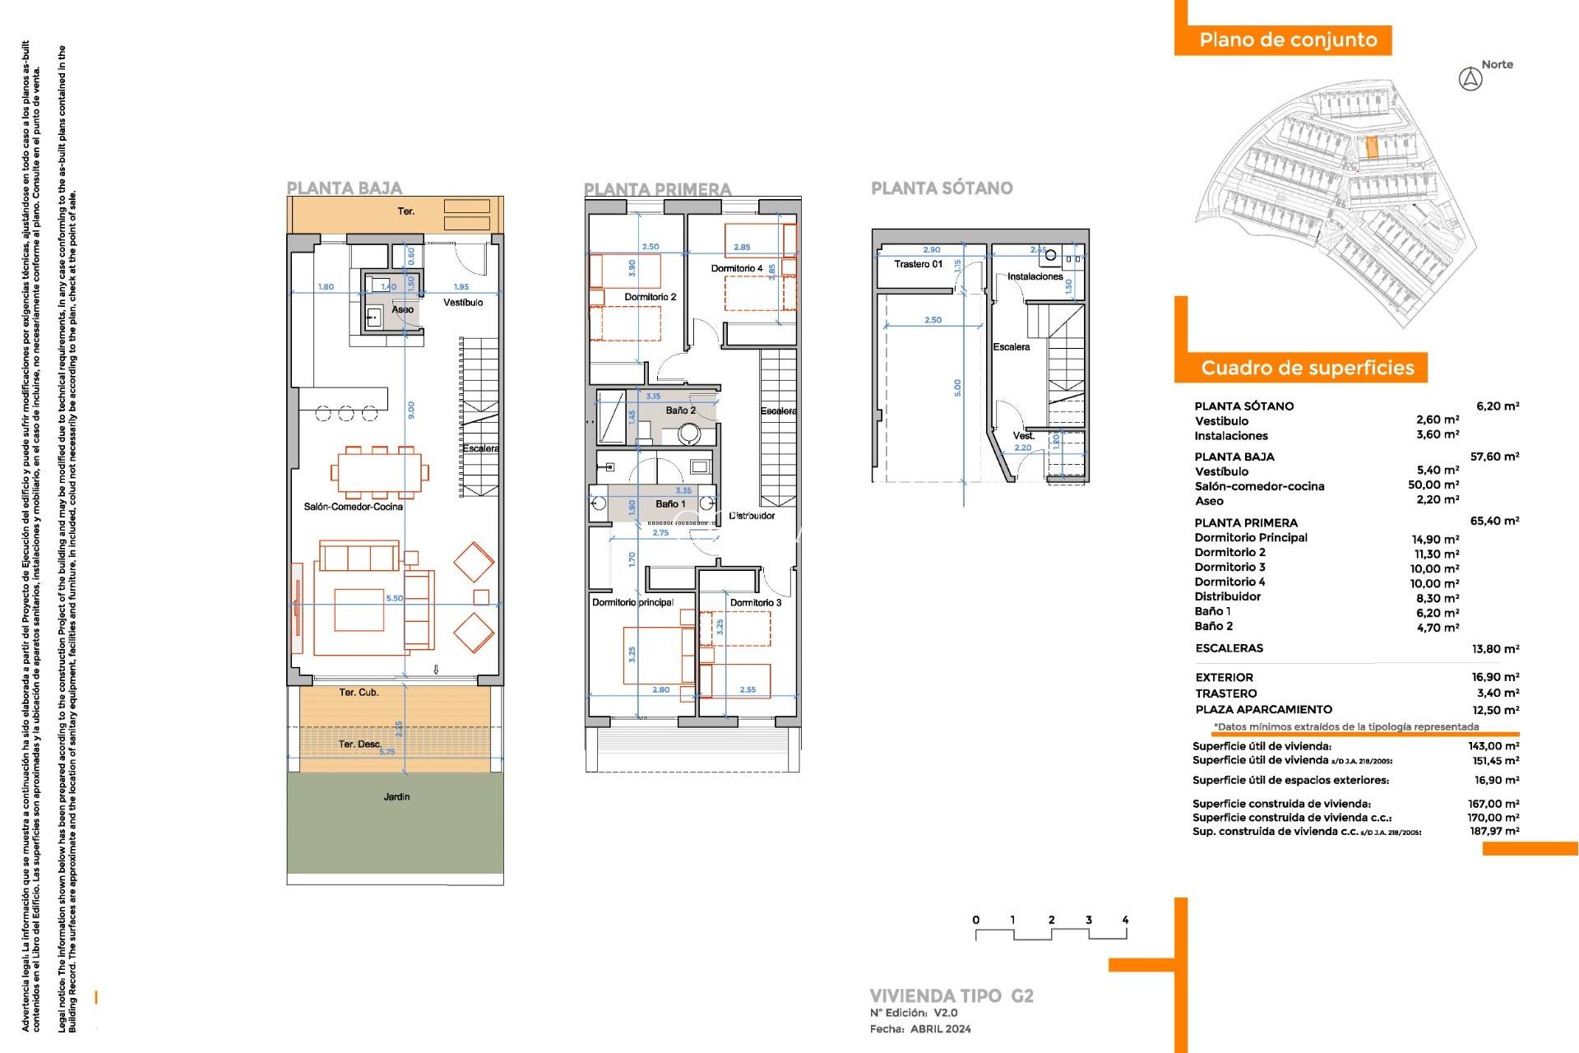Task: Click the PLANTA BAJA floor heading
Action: (344, 188)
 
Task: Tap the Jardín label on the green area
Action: (396, 796)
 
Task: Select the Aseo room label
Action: (402, 309)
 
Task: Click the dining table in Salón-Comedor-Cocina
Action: (378, 472)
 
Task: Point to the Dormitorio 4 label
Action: (736, 268)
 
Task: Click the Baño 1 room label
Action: (670, 503)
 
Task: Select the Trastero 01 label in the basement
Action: (918, 264)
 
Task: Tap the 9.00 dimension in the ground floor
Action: (411, 409)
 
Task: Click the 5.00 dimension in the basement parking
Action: (957, 387)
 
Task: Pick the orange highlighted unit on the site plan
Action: (1371, 148)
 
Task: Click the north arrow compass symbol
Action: (1470, 80)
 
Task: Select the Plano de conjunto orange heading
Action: (1287, 40)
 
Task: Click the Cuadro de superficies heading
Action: (1307, 368)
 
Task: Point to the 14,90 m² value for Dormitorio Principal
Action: (1435, 539)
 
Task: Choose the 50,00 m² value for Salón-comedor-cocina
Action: (1433, 485)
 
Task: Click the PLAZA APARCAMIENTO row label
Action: (1263, 709)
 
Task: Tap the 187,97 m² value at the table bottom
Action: (1494, 832)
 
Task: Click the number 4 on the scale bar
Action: (1124, 920)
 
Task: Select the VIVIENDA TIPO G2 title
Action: (951, 995)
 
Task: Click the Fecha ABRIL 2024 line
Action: (920, 1029)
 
